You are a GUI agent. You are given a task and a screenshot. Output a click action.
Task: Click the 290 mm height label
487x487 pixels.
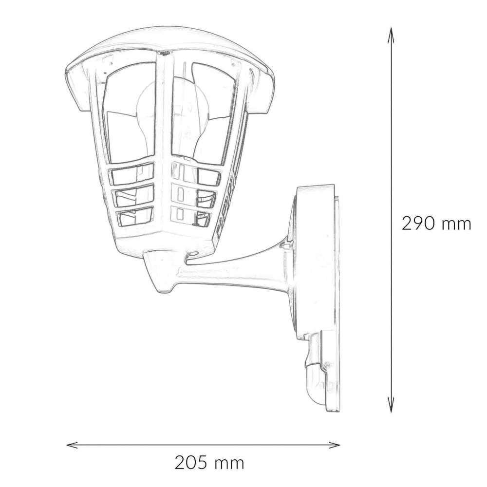click(436, 224)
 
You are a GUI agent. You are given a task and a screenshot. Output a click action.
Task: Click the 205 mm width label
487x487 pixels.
click(209, 462)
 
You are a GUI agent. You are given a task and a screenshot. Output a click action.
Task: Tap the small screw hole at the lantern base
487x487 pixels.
click(193, 254)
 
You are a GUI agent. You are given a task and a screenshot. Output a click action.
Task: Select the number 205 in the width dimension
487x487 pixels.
click(191, 462)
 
